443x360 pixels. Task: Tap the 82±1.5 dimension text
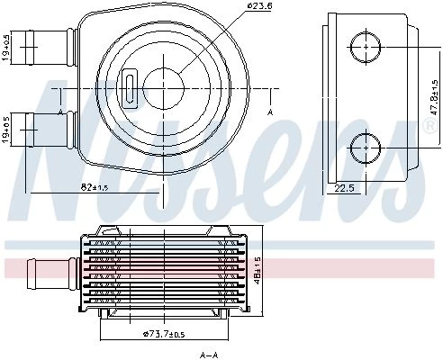pyautogui.click(x=95, y=187)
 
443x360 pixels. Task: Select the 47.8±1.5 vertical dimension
pyautogui.click(x=434, y=97)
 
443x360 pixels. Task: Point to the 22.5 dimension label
pyautogui.click(x=345, y=188)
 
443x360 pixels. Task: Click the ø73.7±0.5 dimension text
pyautogui.click(x=164, y=334)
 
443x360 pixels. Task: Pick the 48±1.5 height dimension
pyautogui.click(x=258, y=272)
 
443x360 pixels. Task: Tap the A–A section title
pyautogui.click(x=209, y=355)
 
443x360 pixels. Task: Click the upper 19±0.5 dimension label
pyautogui.click(x=6, y=47)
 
